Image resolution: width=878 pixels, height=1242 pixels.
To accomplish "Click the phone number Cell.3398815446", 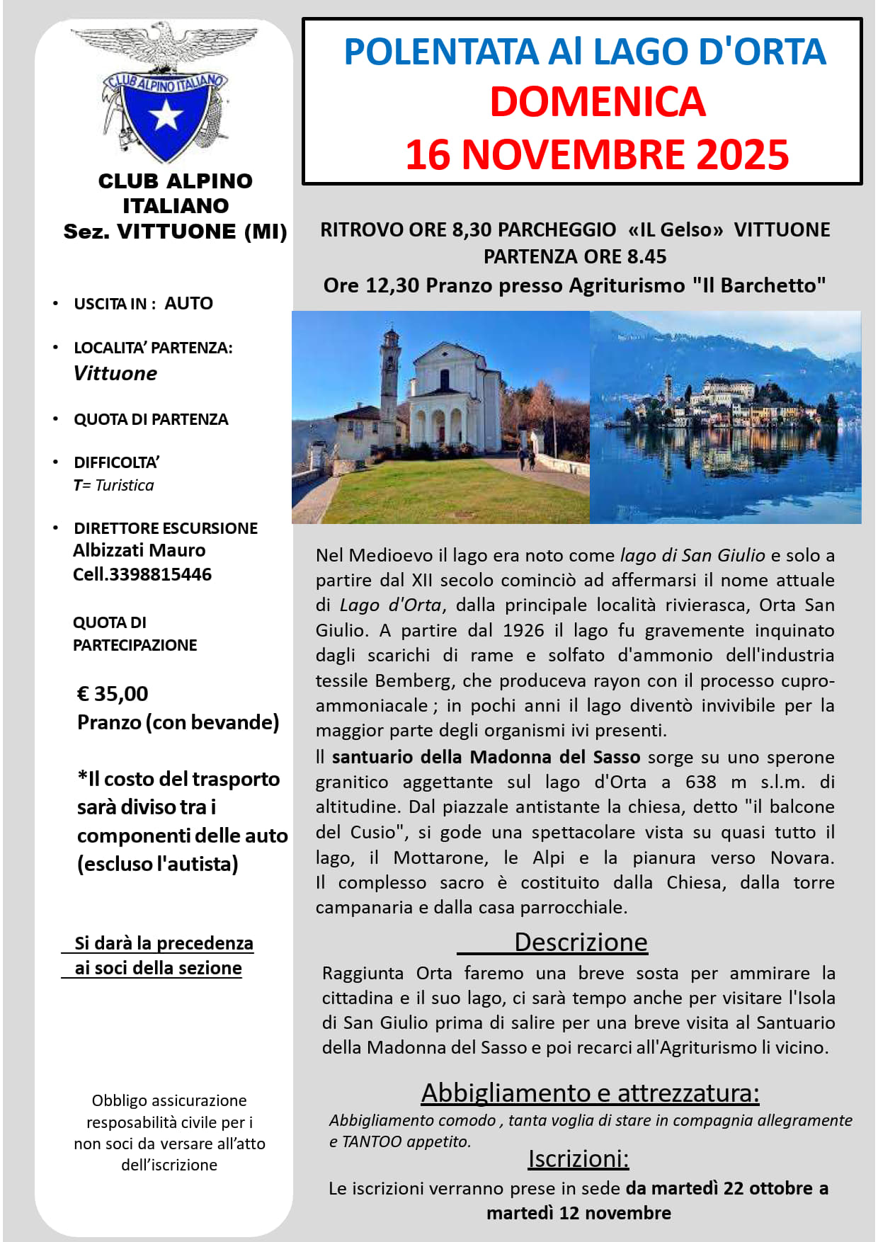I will tap(142, 574).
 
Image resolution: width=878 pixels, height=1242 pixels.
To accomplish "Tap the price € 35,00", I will tap(113, 693).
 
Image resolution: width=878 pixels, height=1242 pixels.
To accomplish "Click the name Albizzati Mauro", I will tap(139, 550).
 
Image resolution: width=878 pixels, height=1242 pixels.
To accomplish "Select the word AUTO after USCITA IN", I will tap(188, 303).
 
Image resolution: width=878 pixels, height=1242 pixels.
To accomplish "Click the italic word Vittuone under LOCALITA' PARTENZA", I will tap(115, 373).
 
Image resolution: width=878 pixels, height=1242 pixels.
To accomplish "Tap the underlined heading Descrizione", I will tap(581, 942).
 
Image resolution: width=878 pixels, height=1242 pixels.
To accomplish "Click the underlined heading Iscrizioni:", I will tap(578, 1158).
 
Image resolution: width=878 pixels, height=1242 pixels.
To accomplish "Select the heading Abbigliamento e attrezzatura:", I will tap(590, 1093).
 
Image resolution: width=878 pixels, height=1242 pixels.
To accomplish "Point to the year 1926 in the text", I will tap(523, 630).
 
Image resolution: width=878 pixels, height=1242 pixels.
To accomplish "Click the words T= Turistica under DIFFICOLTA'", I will tap(113, 485).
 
